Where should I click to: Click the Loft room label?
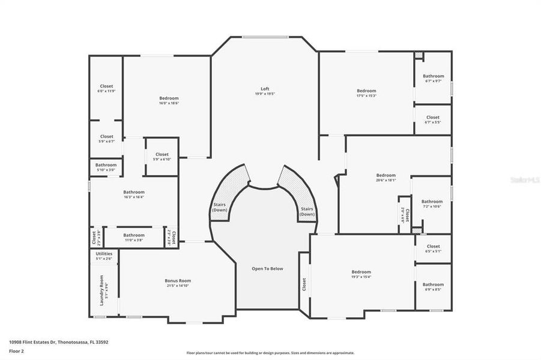tap(264, 89)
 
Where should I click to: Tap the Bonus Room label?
tap(178, 280)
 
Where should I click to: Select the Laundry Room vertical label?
tap(102, 290)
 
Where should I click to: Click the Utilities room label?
tap(104, 253)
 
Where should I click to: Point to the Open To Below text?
tap(267, 268)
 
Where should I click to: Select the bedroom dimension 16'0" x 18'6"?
tap(169, 103)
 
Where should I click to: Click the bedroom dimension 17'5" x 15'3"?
tap(366, 95)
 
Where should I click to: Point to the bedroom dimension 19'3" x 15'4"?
tap(361, 277)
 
